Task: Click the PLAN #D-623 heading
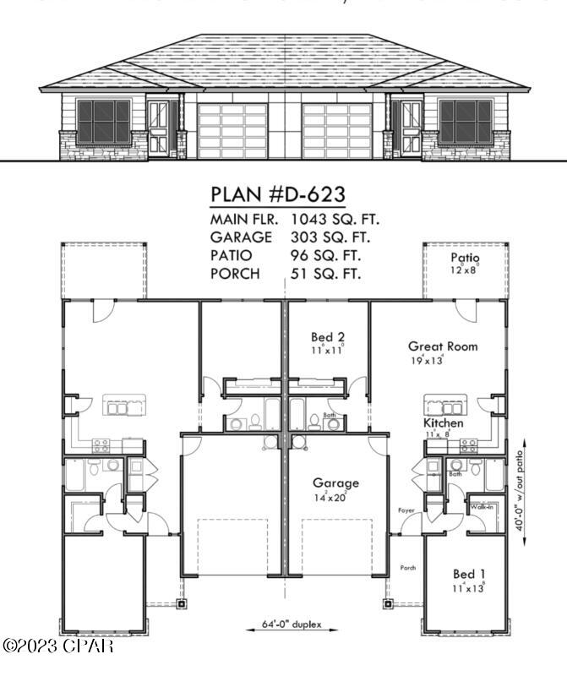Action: coord(276,194)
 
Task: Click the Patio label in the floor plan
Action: coord(464,258)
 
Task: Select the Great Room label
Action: coord(442,346)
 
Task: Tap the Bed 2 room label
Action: coord(327,337)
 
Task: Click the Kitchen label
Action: coord(443,422)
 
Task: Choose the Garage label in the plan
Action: coord(336,483)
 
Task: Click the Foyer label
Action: coord(406,511)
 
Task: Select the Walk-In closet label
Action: coord(482,506)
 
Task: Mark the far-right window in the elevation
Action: coord(464,121)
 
